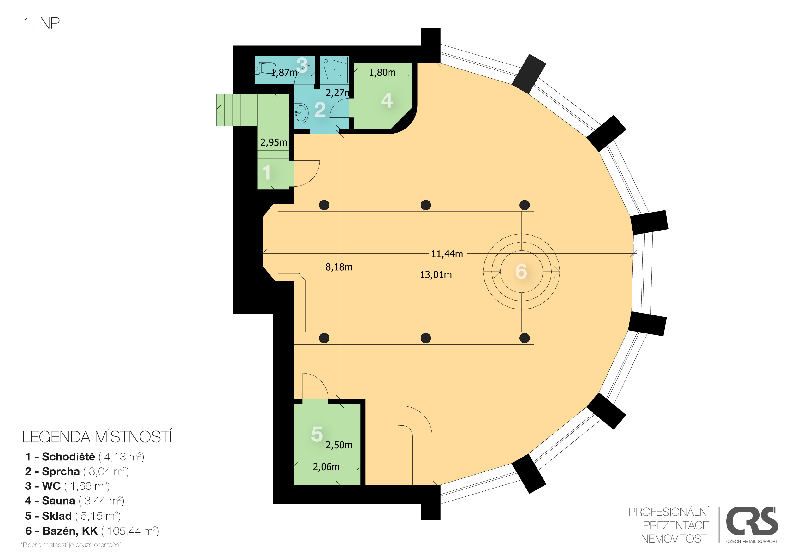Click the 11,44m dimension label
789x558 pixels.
click(447, 254)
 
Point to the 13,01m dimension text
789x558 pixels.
click(436, 275)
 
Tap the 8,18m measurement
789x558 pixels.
click(339, 267)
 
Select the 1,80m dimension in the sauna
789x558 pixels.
click(382, 73)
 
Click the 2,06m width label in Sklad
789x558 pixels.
click(326, 467)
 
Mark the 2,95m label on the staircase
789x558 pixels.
click(274, 142)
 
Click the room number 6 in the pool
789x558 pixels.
click(521, 271)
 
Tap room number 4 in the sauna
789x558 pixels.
click(387, 100)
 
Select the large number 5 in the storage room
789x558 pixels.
click(317, 434)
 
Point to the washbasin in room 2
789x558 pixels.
click(301, 113)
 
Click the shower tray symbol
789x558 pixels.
click(334, 70)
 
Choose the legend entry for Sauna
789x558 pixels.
click(74, 501)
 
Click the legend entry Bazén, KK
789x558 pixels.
click(92, 531)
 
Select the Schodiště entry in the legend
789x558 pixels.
click(85, 457)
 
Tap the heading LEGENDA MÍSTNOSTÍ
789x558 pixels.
click(97, 437)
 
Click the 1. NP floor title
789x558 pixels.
click(41, 23)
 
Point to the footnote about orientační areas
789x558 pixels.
click(70, 545)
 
